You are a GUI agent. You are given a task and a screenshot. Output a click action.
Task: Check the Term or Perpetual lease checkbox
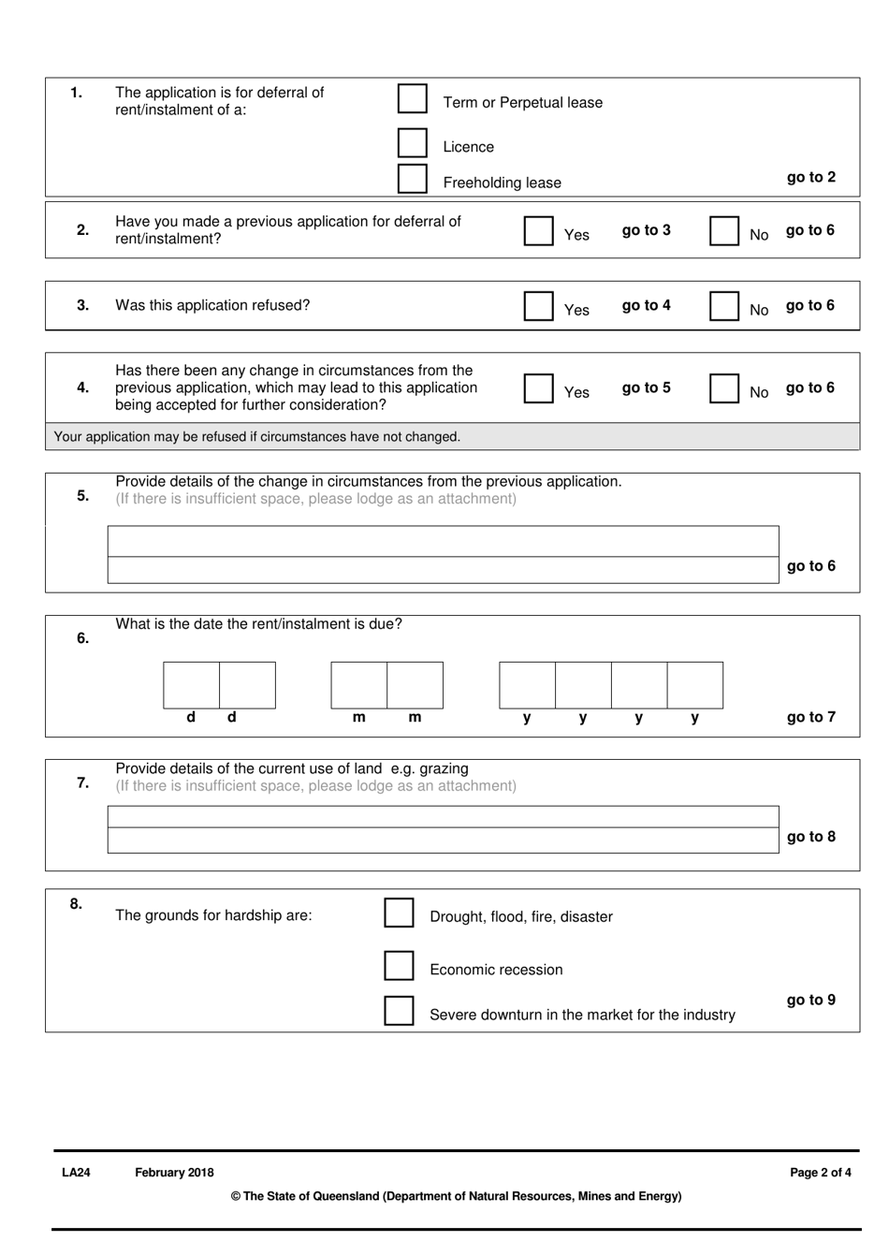coord(413,98)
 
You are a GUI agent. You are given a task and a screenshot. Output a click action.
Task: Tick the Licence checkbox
coord(413,143)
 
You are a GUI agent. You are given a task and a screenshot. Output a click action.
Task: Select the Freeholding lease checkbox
coord(413,179)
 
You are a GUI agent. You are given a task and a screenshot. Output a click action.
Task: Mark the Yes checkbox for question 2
coord(538,231)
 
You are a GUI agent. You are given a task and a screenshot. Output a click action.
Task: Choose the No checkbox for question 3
coord(723,306)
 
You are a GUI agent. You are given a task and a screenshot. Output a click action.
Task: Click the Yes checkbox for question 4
coord(538,388)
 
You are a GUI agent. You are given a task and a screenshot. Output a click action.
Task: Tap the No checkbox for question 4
coord(723,388)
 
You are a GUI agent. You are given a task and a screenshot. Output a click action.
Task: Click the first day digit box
coord(192,685)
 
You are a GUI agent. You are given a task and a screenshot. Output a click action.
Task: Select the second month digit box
coord(415,685)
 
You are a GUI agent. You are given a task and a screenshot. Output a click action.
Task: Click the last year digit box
coord(694,685)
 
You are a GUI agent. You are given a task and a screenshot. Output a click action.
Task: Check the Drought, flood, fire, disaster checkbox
coord(399,913)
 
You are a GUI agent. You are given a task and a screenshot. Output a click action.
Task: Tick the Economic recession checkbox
coord(399,966)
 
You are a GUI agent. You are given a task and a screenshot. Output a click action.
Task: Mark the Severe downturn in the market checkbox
coord(399,1011)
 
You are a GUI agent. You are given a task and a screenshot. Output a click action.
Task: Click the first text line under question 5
coord(443,541)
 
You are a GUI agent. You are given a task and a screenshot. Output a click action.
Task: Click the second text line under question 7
coord(443,840)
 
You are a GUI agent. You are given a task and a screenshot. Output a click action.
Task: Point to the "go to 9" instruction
coord(810,1000)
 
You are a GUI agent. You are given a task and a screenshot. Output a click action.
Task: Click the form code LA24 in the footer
coord(76,1173)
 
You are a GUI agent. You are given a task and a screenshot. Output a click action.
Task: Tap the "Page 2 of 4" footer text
coord(820,1173)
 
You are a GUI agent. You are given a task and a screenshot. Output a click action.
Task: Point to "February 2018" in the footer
coord(174,1173)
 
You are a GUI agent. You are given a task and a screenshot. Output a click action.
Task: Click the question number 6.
coord(82,638)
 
